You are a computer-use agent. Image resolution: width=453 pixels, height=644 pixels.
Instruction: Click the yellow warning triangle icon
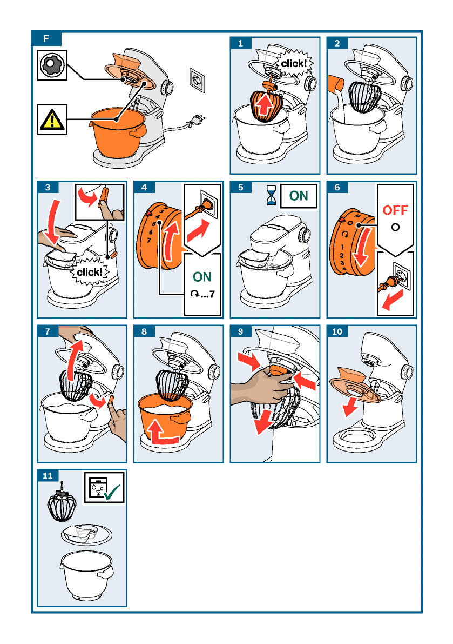coord(52,120)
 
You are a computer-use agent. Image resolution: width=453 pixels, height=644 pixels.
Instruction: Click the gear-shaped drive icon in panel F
coord(52,65)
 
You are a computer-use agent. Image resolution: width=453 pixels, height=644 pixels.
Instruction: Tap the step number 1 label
coord(240,43)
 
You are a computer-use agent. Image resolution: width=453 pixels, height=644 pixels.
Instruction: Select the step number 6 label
coord(337,187)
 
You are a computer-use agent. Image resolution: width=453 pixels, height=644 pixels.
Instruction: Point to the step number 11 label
coord(48,476)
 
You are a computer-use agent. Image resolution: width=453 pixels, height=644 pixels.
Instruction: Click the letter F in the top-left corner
coord(46,38)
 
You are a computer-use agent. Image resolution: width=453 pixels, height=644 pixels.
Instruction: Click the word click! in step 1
coord(294,64)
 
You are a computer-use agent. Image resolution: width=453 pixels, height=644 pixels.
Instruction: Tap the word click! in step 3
coord(90,272)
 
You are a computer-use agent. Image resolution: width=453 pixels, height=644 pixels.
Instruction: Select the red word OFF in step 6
coord(395,210)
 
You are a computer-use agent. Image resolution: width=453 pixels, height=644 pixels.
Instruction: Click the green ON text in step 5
coord(299,196)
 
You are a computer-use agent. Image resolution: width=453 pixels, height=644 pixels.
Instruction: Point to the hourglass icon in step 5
coord(271,195)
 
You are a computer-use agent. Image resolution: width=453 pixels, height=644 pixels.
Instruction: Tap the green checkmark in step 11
coord(112,492)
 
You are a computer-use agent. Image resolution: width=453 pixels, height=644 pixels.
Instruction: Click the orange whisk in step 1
coord(267,105)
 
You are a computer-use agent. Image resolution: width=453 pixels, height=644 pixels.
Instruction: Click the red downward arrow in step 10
coord(350,407)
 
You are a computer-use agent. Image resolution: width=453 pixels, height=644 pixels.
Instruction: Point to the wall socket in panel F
coord(197,80)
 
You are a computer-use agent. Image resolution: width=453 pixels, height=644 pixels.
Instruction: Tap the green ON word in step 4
coord(202,277)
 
